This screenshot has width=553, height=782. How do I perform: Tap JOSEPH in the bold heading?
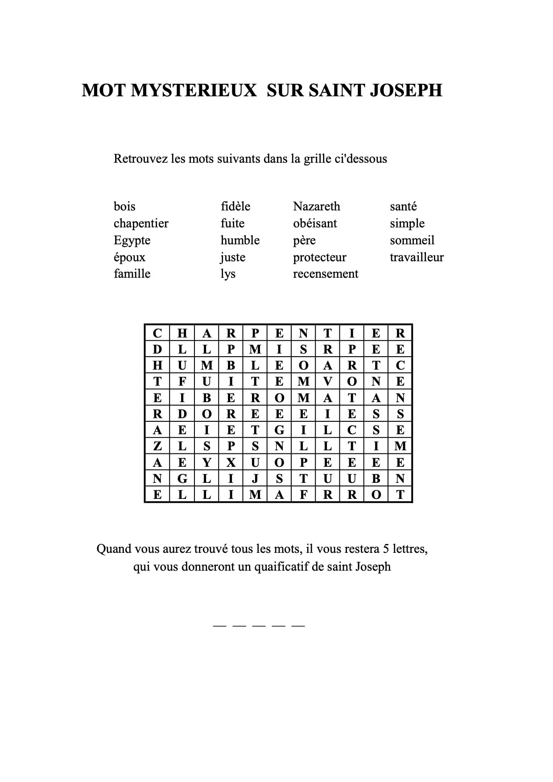pyautogui.click(x=406, y=90)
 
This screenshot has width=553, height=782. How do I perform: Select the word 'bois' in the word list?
pyautogui.click(x=124, y=206)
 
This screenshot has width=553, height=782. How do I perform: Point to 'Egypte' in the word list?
pyautogui.click(x=132, y=241)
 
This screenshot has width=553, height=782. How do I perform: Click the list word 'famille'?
pyautogui.click(x=132, y=273)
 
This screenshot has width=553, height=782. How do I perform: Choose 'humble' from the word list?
pyautogui.click(x=240, y=240)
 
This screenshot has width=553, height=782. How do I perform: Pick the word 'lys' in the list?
pyautogui.click(x=228, y=274)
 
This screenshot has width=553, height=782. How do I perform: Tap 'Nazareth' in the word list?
pyautogui.click(x=316, y=206)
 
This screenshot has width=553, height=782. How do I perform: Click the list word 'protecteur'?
pyautogui.click(x=319, y=257)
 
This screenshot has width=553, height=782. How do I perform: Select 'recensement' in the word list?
pyautogui.click(x=325, y=274)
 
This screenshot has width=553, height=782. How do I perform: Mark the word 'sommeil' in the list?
pyautogui.click(x=412, y=240)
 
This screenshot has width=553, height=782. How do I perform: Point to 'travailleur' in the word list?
pyautogui.click(x=417, y=257)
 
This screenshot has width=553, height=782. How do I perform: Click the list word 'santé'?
pyautogui.click(x=403, y=206)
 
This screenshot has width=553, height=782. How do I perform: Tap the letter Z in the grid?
pyautogui.click(x=157, y=446)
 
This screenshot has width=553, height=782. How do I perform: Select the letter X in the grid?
pyautogui.click(x=231, y=462)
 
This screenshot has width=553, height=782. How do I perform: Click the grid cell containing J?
pyautogui.click(x=255, y=479)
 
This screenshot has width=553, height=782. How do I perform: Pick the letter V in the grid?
pyautogui.click(x=328, y=382)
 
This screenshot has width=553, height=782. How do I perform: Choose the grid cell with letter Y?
pyautogui.click(x=206, y=462)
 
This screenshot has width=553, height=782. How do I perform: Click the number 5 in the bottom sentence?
pyautogui.click(x=384, y=549)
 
